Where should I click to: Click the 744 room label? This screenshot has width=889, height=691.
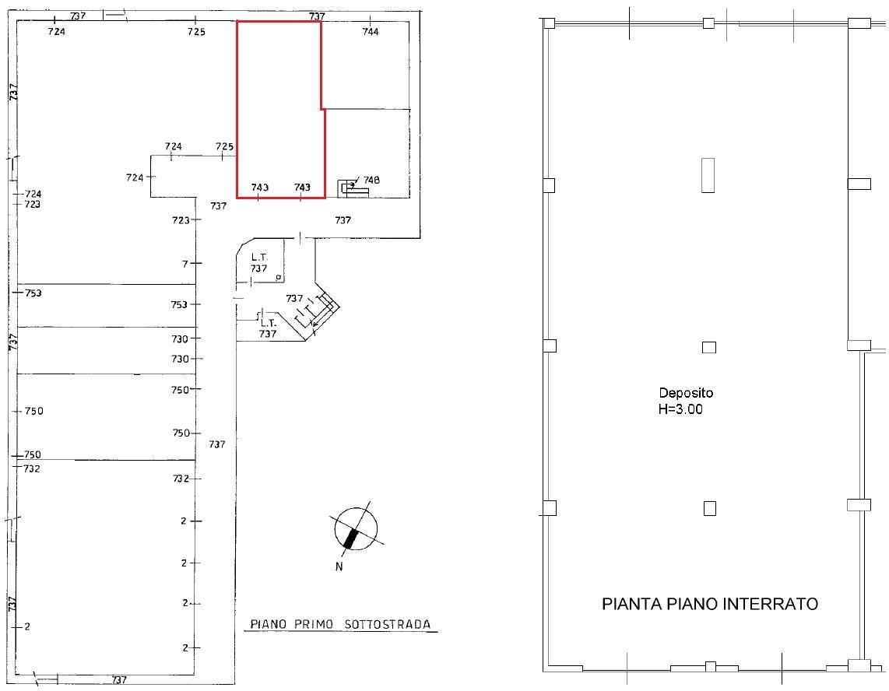pyautogui.click(x=371, y=32)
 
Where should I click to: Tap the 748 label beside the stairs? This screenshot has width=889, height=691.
pyautogui.click(x=371, y=181)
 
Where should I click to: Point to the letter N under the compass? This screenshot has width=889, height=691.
pyautogui.click(x=339, y=566)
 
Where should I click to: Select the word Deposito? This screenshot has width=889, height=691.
pyautogui.click(x=686, y=393)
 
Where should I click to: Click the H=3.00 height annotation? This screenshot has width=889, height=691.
pyautogui.click(x=680, y=409)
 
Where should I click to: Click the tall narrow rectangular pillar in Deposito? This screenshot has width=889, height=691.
pyautogui.click(x=708, y=175)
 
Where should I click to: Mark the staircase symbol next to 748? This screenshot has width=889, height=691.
pyautogui.click(x=353, y=189)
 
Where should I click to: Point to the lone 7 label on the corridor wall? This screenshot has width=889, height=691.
pyautogui.click(x=184, y=264)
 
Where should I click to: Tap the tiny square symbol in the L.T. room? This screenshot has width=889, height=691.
pyautogui.click(x=278, y=276)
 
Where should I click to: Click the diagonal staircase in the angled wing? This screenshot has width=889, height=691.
pyautogui.click(x=318, y=312)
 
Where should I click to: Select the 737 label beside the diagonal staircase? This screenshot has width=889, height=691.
pyautogui.click(x=294, y=298)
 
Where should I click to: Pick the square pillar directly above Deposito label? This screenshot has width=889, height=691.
pyautogui.click(x=708, y=347)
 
